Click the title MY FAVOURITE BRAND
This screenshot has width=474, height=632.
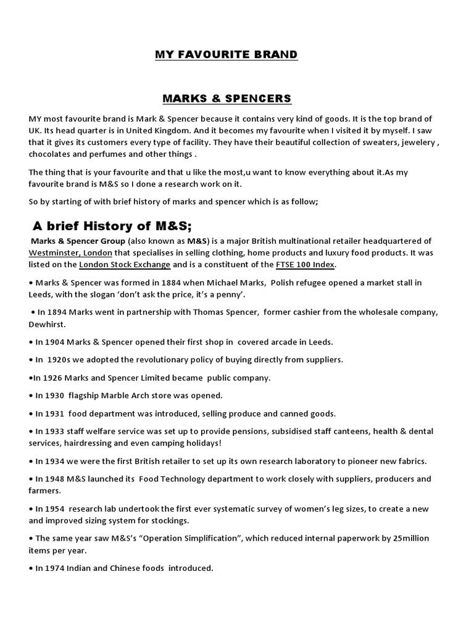(x=226, y=55)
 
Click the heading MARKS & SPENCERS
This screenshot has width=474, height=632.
(x=227, y=99)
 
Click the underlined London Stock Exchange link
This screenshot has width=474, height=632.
(x=125, y=265)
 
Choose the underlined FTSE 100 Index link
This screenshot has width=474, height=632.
(x=306, y=265)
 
